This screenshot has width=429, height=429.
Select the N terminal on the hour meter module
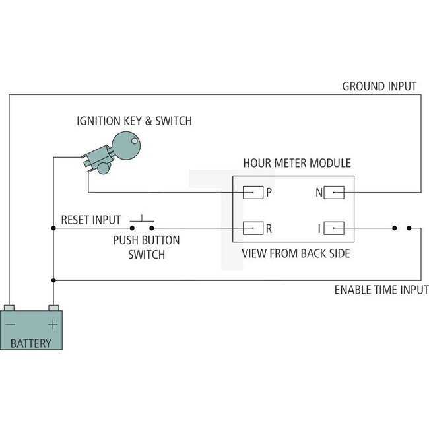pos(335,193)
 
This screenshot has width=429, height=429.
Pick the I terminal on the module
pos(335,229)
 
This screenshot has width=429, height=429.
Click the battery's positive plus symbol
pos(53,325)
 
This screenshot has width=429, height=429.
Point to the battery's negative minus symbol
pos(11,325)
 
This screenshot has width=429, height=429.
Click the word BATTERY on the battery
pos(31,343)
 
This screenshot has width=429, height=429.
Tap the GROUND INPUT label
pos(379,86)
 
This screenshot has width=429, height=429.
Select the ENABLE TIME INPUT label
pos(381,290)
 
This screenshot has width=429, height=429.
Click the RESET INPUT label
pos(90,220)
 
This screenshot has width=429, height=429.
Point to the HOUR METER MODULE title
pos(297,163)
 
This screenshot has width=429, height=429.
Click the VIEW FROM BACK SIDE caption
pos(296,253)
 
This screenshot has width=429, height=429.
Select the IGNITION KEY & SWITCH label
pos(134,121)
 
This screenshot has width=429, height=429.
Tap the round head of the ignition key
pos(126,144)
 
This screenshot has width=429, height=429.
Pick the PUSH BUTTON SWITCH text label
pos(146,247)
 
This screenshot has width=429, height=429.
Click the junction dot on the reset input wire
pos(53,229)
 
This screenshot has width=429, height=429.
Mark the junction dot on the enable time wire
pos(53,279)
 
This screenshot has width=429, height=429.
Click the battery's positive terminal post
pos(53,308)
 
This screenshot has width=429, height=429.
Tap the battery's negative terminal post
pos(9,308)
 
